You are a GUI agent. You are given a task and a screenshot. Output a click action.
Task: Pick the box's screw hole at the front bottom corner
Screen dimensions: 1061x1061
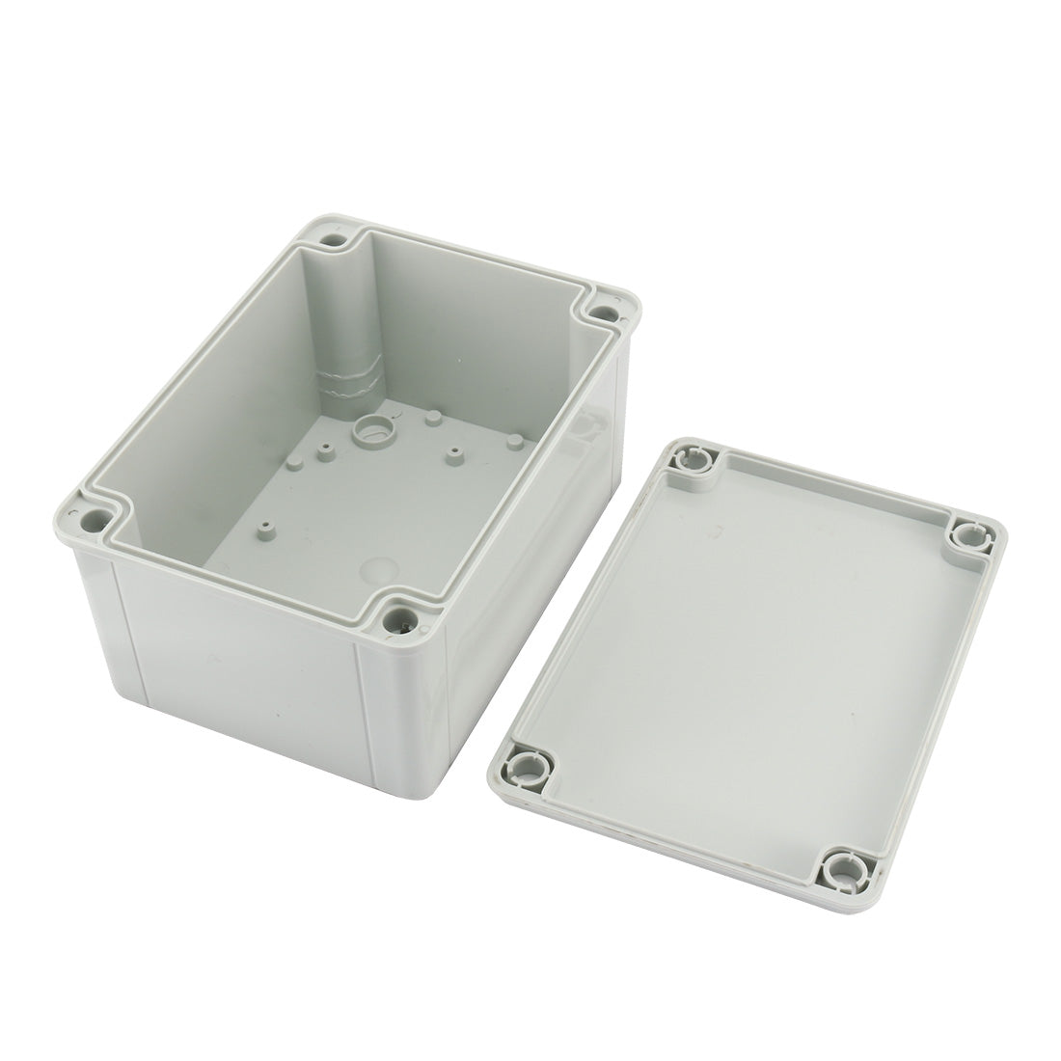[399, 613]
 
